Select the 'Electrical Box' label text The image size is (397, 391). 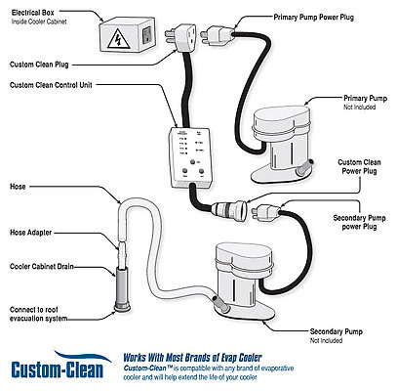pos(33,15)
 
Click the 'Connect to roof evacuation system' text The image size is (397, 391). pos(41,314)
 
